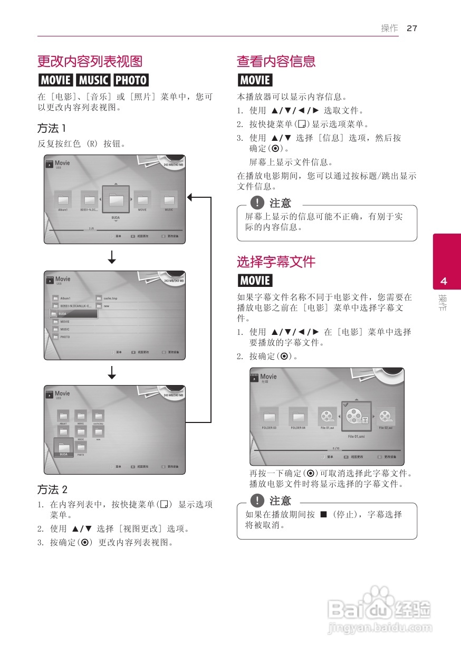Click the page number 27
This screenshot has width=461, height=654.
click(412, 28)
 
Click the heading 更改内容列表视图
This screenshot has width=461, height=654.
click(90, 61)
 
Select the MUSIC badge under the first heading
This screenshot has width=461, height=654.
click(93, 80)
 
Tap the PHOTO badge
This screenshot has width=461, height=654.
click(131, 80)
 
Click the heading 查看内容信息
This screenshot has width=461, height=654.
click(276, 61)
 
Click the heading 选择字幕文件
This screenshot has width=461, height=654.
click(276, 262)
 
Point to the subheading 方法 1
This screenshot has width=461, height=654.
click(51, 128)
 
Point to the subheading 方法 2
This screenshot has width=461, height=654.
click(52, 489)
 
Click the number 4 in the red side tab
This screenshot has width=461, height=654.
click(444, 281)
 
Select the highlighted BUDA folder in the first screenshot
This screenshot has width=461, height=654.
click(116, 200)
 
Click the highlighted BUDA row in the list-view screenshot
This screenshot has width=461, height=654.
click(73, 314)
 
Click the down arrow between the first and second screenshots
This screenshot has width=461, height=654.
click(112, 257)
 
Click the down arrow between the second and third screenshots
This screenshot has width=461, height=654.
click(112, 373)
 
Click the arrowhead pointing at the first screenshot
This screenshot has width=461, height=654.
click(190, 197)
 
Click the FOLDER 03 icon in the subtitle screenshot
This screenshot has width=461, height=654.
click(269, 417)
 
